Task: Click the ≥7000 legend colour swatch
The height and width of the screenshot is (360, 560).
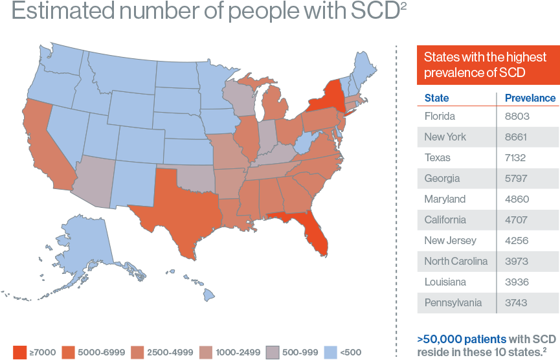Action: tap(19, 352)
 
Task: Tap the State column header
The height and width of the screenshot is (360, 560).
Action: tap(436, 98)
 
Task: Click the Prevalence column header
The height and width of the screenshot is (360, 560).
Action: tap(530, 98)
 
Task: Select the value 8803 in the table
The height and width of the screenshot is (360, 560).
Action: tap(517, 117)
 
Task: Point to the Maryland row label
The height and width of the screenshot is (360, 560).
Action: tap(445, 199)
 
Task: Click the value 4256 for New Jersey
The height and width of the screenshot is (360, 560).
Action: tap(517, 241)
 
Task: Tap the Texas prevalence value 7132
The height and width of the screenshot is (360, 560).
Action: tap(517, 158)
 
